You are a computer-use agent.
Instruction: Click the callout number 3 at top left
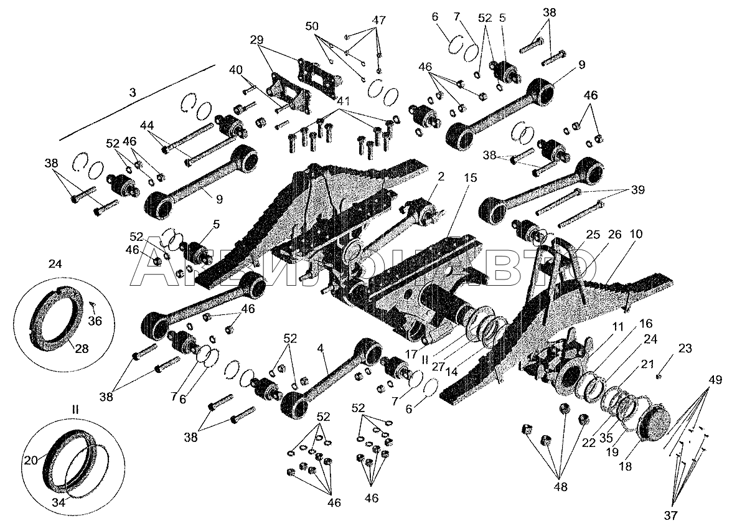[132, 92]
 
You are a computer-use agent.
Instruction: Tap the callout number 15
[470, 177]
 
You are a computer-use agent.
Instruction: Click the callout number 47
[379, 19]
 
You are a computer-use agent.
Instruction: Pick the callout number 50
[312, 26]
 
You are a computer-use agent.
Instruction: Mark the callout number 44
[148, 125]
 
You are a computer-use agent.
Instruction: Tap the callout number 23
[685, 349]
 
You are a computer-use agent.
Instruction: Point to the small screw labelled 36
[92, 305]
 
